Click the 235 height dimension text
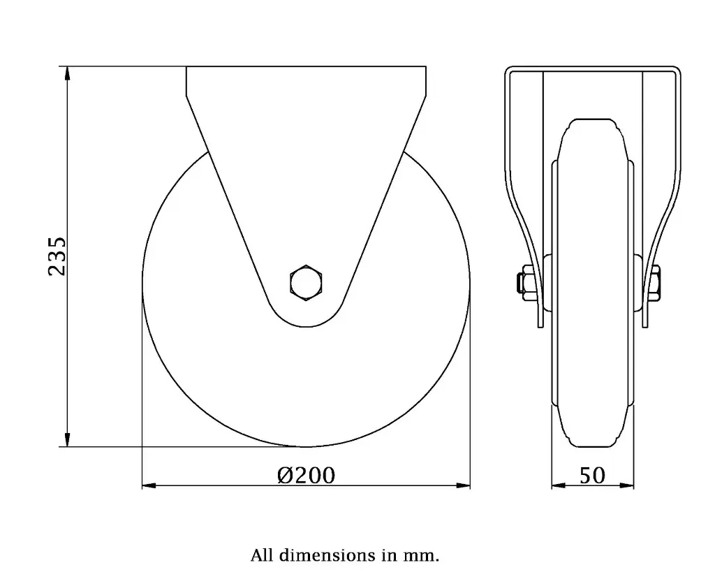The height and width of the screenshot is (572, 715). (56, 256)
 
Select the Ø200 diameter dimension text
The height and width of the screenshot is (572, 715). (306, 476)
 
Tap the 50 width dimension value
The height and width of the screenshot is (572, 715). (592, 476)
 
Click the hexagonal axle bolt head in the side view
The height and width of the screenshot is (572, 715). (307, 283)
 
